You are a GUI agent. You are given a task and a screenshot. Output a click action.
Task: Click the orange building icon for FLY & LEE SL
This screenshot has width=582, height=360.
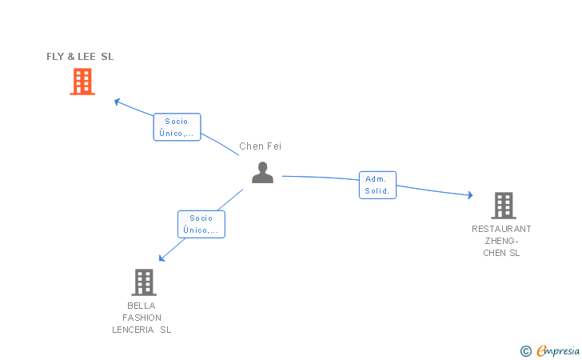[x=82, y=82]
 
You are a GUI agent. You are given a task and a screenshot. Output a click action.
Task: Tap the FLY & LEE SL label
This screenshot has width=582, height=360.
[x=80, y=57]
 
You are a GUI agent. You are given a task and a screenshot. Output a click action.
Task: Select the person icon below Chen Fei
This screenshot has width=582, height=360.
[x=262, y=172]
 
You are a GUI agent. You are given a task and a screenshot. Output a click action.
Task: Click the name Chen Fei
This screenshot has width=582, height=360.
[x=260, y=146]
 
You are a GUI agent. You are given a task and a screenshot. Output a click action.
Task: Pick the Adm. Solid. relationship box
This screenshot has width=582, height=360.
[x=377, y=185]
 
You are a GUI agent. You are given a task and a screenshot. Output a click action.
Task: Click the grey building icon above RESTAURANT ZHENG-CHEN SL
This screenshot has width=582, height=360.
[x=504, y=206]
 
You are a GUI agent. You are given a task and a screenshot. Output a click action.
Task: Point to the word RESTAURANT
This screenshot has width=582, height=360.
[x=501, y=229]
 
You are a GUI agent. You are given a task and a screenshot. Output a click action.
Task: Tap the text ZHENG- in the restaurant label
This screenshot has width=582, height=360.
[x=501, y=241]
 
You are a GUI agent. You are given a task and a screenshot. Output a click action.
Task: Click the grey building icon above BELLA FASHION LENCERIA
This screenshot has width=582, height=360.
[x=144, y=282]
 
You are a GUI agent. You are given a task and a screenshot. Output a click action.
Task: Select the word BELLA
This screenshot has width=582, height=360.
[x=142, y=306]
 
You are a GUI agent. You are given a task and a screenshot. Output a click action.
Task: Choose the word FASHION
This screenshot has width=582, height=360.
[x=142, y=318]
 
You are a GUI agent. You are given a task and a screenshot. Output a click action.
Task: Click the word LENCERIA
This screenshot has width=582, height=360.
[x=133, y=330]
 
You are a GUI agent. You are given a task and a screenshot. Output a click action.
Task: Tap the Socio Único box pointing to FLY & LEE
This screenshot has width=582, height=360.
[x=177, y=127]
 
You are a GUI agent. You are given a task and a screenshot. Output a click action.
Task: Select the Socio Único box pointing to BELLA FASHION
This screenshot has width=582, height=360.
[x=201, y=224]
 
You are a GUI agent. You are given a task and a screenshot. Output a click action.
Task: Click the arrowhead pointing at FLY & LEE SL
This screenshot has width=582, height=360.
[x=118, y=102]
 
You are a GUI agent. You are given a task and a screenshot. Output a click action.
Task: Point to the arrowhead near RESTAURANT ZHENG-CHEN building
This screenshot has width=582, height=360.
[x=470, y=195]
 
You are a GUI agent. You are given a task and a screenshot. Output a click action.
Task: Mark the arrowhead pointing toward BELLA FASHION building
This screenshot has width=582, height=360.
[x=161, y=258]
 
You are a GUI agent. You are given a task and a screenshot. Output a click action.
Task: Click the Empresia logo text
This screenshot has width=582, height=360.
[x=558, y=350]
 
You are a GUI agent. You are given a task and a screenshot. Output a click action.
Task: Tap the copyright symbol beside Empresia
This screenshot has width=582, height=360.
[x=526, y=351]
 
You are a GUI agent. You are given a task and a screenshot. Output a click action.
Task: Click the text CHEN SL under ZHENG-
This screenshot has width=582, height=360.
[x=501, y=253]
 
